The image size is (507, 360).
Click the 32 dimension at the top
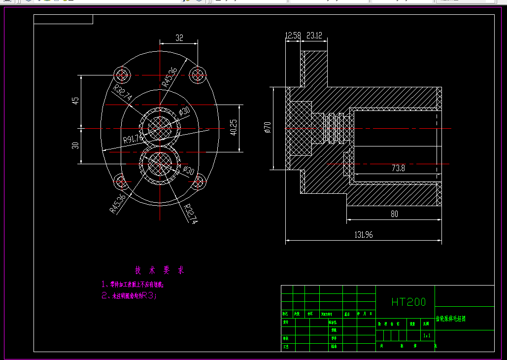point(179,37)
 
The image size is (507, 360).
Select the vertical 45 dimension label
point(75,100)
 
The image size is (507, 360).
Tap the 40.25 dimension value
point(234,127)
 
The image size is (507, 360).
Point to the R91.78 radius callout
point(133,139)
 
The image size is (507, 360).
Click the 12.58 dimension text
point(293,35)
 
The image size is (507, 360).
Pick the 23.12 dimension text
point(314,35)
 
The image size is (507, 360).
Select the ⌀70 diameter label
point(268,128)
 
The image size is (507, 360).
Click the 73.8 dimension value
point(398,168)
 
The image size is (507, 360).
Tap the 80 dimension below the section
point(394,214)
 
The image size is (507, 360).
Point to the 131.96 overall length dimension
point(363,235)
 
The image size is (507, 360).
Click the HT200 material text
point(408,302)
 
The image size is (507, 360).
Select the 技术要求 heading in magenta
point(160,270)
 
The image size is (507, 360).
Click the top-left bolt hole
point(121,75)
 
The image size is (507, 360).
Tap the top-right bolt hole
point(198,74)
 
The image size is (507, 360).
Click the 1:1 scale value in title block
point(427,336)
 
